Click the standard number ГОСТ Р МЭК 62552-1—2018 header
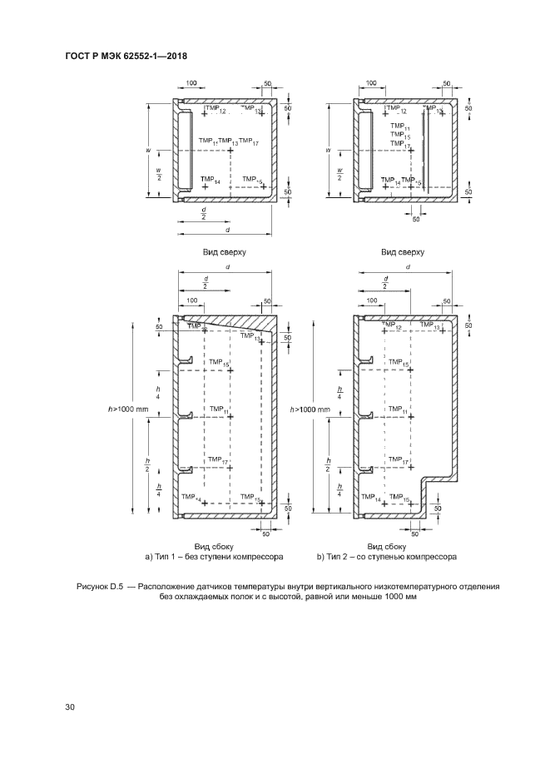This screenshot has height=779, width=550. [125, 57]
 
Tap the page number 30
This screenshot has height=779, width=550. [70, 707]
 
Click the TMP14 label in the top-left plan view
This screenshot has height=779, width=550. [210, 179]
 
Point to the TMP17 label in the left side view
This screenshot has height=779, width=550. [219, 460]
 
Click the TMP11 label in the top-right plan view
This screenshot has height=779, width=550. [399, 133]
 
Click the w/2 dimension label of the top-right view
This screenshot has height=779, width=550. [339, 176]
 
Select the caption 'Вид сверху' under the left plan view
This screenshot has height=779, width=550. [225, 251]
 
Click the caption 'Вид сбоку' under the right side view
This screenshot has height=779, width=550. [402, 547]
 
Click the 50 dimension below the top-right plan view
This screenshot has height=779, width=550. [417, 219]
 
